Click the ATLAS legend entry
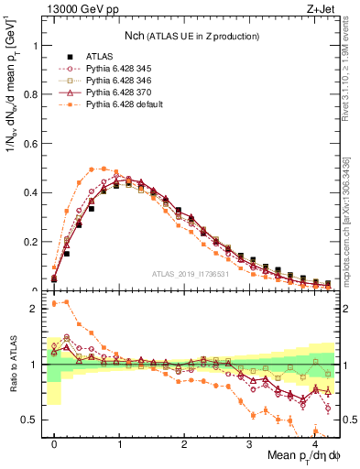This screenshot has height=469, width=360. point(97,57)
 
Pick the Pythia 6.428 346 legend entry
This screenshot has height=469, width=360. point(115,81)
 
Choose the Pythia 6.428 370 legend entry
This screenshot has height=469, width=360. point(115,93)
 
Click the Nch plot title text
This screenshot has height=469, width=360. point(191,36)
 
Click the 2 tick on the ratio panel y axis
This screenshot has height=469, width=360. point(37,309)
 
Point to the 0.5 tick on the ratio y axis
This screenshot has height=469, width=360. point(32,420)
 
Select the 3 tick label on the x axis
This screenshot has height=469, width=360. point(249,444)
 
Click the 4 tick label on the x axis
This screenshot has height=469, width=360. point(314,444)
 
